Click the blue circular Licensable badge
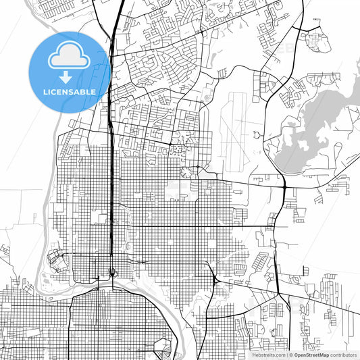(70, 70)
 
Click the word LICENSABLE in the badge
(70, 91)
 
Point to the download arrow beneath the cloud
(70, 76)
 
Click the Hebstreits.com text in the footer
(268, 355)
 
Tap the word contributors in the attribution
(344, 355)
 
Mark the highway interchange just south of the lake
(284, 184)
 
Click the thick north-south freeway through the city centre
(109, 169)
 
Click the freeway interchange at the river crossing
(111, 274)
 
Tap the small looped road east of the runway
(257, 136)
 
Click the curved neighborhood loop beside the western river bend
(54, 260)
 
